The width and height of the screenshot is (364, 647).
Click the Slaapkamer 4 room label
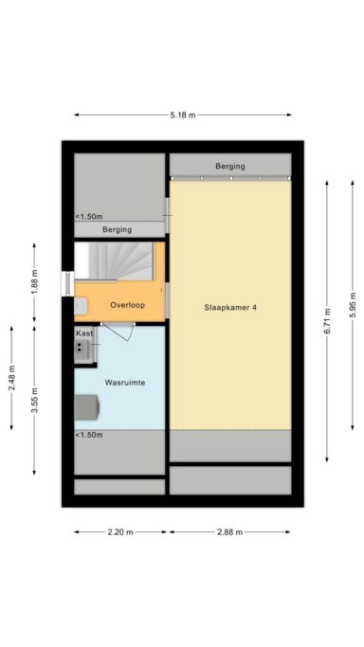(x=230, y=308)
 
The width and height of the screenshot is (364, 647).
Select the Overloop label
(x=126, y=305)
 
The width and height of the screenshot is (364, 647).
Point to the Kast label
(x=84, y=334)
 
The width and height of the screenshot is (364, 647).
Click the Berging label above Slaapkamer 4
(x=230, y=166)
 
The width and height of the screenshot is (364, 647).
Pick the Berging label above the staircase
(x=118, y=229)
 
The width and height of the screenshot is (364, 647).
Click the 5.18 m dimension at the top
(x=183, y=116)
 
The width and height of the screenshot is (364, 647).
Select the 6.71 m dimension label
(x=327, y=322)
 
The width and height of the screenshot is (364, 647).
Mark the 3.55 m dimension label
(x=35, y=403)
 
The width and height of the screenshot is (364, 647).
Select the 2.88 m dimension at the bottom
(x=230, y=532)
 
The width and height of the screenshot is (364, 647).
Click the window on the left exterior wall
(x=66, y=282)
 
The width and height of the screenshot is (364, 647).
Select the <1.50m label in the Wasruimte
(x=90, y=435)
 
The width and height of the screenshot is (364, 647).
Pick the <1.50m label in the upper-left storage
(x=90, y=216)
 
